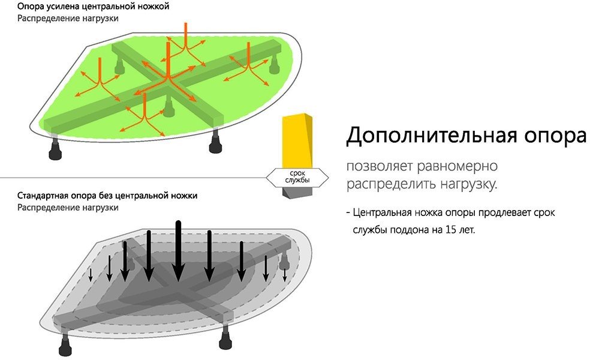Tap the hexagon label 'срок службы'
[x=297, y=177]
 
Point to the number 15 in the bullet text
[x=450, y=229]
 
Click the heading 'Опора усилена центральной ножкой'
[x=94, y=7]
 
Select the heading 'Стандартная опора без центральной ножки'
[x=107, y=196]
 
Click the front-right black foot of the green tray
[x=216, y=141]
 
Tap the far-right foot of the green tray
[x=274, y=65]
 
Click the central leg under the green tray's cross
[x=168, y=107]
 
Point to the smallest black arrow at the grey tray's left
[x=91, y=275]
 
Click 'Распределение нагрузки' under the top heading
[x=68, y=19]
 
